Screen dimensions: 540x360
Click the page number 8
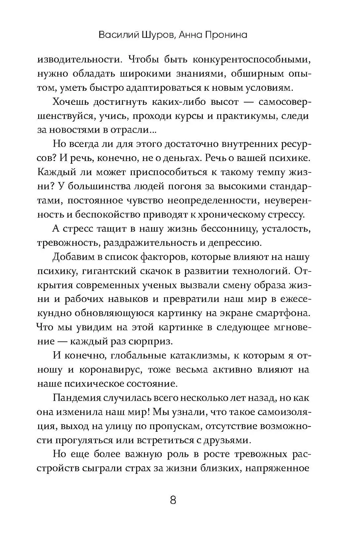point(173,500)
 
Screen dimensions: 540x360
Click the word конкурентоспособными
point(252,60)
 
